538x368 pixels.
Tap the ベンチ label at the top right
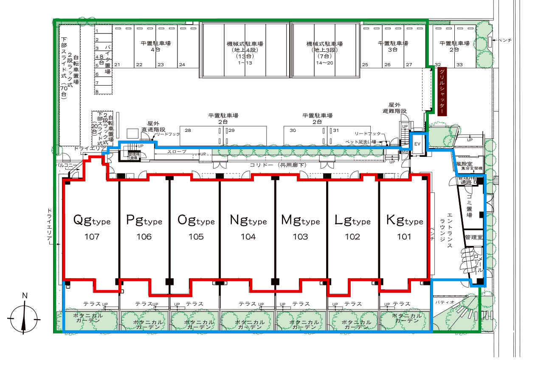(505, 40)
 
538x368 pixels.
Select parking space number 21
(117, 65)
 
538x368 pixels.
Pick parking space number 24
(182, 65)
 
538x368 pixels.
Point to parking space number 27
(409, 65)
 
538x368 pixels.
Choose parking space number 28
(188, 130)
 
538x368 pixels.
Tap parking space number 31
(335, 130)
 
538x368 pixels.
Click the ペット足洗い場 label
(361, 142)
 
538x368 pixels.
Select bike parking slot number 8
(97, 91)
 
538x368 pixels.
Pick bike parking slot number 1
(97, 31)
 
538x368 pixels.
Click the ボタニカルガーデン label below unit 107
(88, 318)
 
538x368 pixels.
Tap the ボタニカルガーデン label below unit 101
(407, 318)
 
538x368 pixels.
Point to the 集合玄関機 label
(472, 169)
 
